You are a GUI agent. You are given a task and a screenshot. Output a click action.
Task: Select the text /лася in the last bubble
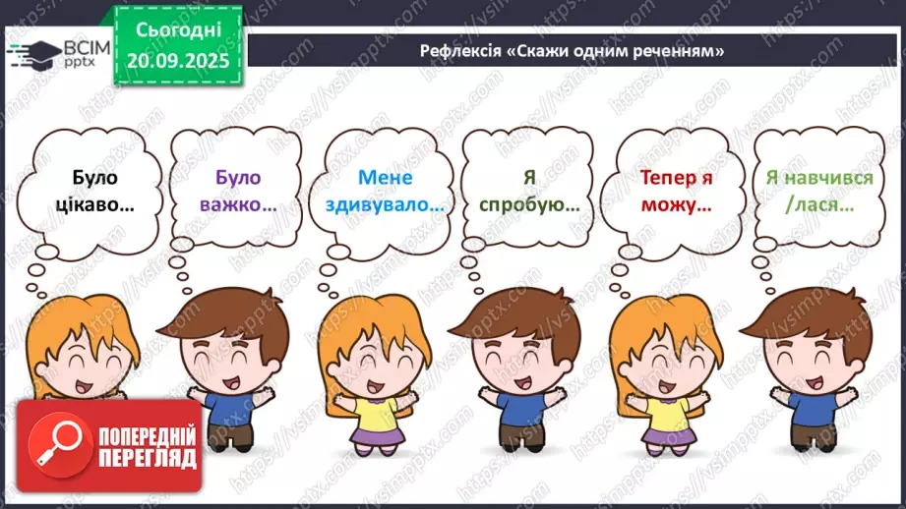819,206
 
